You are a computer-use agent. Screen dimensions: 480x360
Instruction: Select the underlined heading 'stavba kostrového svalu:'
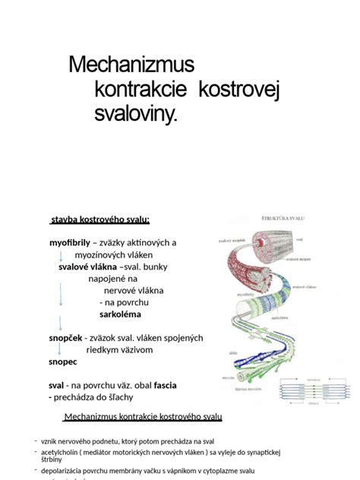tap(99, 219)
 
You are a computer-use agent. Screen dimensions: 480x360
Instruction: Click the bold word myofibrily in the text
tap(69, 242)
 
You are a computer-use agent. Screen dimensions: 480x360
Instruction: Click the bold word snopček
tap(66, 337)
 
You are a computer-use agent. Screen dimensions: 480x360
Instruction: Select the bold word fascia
tap(166, 385)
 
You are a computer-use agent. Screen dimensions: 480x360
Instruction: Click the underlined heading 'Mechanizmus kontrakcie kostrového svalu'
tap(144, 417)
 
